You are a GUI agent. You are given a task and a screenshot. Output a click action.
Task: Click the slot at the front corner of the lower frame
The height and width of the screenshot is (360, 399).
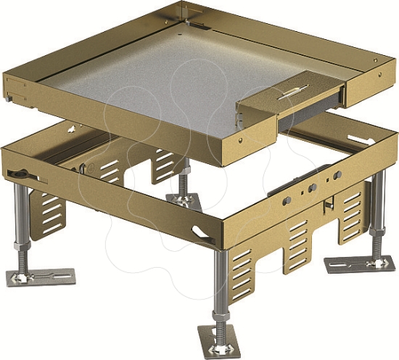[x=200, y=232]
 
